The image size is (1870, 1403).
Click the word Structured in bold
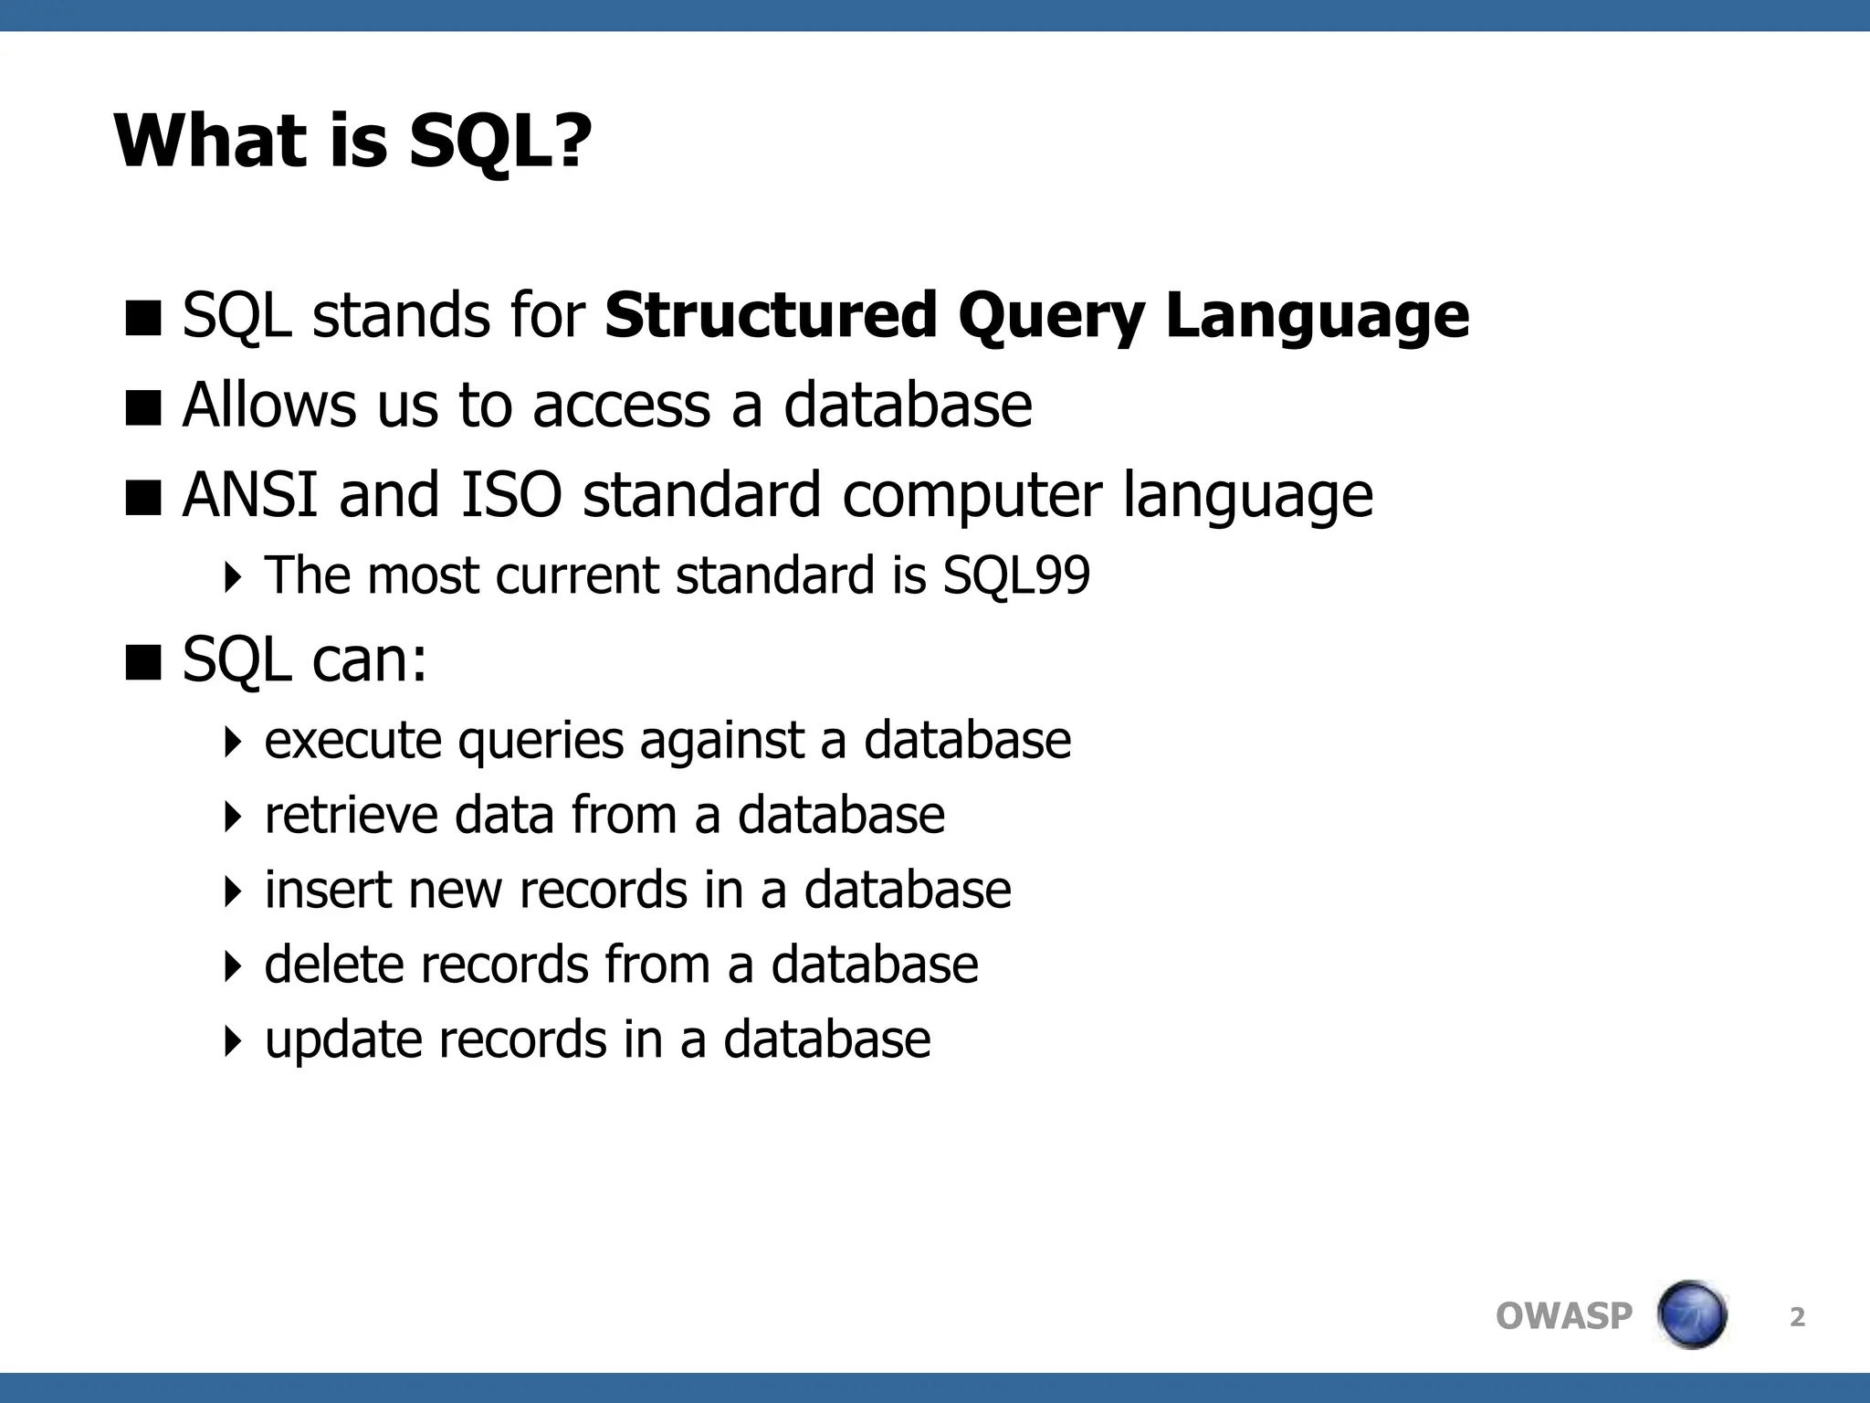(771, 315)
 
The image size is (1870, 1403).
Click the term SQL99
(1015, 576)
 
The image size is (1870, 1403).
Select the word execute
(352, 741)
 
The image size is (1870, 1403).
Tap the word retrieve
(351, 815)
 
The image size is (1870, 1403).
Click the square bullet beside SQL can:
(143, 663)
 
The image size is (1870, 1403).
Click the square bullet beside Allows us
(143, 408)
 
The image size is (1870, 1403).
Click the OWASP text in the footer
(1563, 1316)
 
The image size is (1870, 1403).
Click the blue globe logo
(1691, 1315)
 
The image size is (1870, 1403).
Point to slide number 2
(1797, 1317)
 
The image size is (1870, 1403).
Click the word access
(621, 406)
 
